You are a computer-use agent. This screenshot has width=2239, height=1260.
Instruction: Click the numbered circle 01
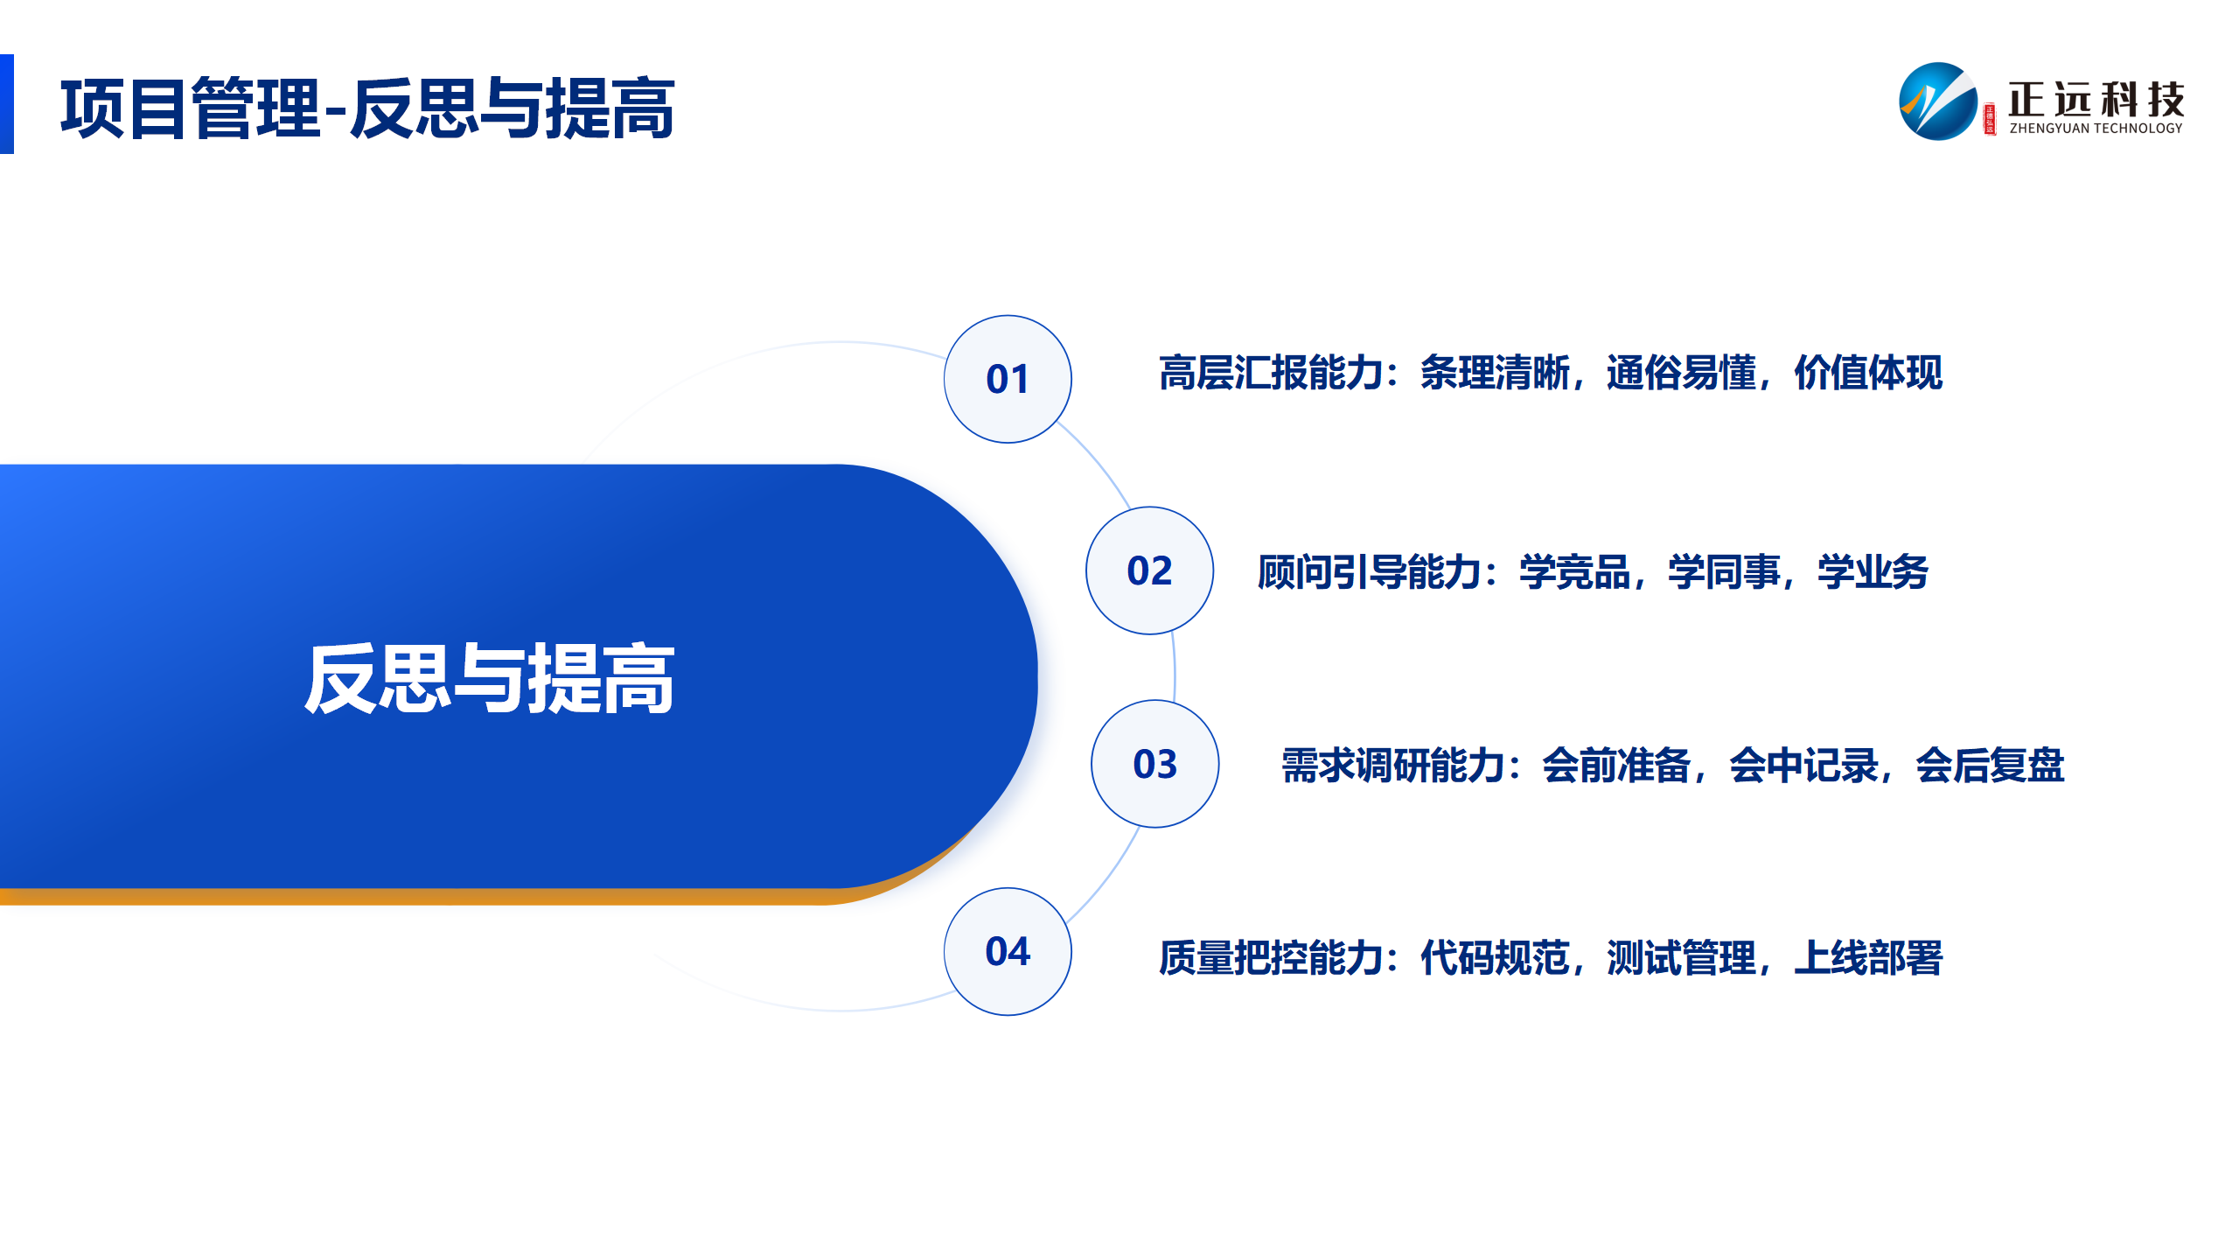point(1008,379)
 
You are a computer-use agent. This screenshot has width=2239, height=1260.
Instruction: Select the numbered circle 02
point(1149,570)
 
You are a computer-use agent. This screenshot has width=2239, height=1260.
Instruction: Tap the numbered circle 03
point(1154,764)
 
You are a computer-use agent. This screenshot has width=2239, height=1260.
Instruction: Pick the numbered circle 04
point(1008,952)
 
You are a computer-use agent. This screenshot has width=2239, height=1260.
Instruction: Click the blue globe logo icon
point(1938,101)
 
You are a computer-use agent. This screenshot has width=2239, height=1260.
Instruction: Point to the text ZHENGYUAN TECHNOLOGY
point(2096,129)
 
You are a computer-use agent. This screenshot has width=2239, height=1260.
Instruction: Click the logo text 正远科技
point(2096,99)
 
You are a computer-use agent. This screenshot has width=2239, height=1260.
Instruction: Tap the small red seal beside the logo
point(1990,120)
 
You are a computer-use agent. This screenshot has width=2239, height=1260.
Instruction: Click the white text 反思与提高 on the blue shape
point(490,678)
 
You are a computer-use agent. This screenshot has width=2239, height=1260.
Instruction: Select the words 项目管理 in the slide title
point(191,108)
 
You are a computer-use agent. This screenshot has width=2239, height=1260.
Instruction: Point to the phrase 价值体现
point(1868,374)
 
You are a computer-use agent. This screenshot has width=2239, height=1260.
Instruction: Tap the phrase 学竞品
point(1574,573)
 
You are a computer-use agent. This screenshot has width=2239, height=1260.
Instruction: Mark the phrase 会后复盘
point(1990,766)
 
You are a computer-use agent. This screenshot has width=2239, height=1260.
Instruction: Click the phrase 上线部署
point(1868,958)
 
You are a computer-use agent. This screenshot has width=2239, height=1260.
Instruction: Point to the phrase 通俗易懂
point(1681,374)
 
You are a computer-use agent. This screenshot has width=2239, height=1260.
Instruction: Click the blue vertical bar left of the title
point(7,104)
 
